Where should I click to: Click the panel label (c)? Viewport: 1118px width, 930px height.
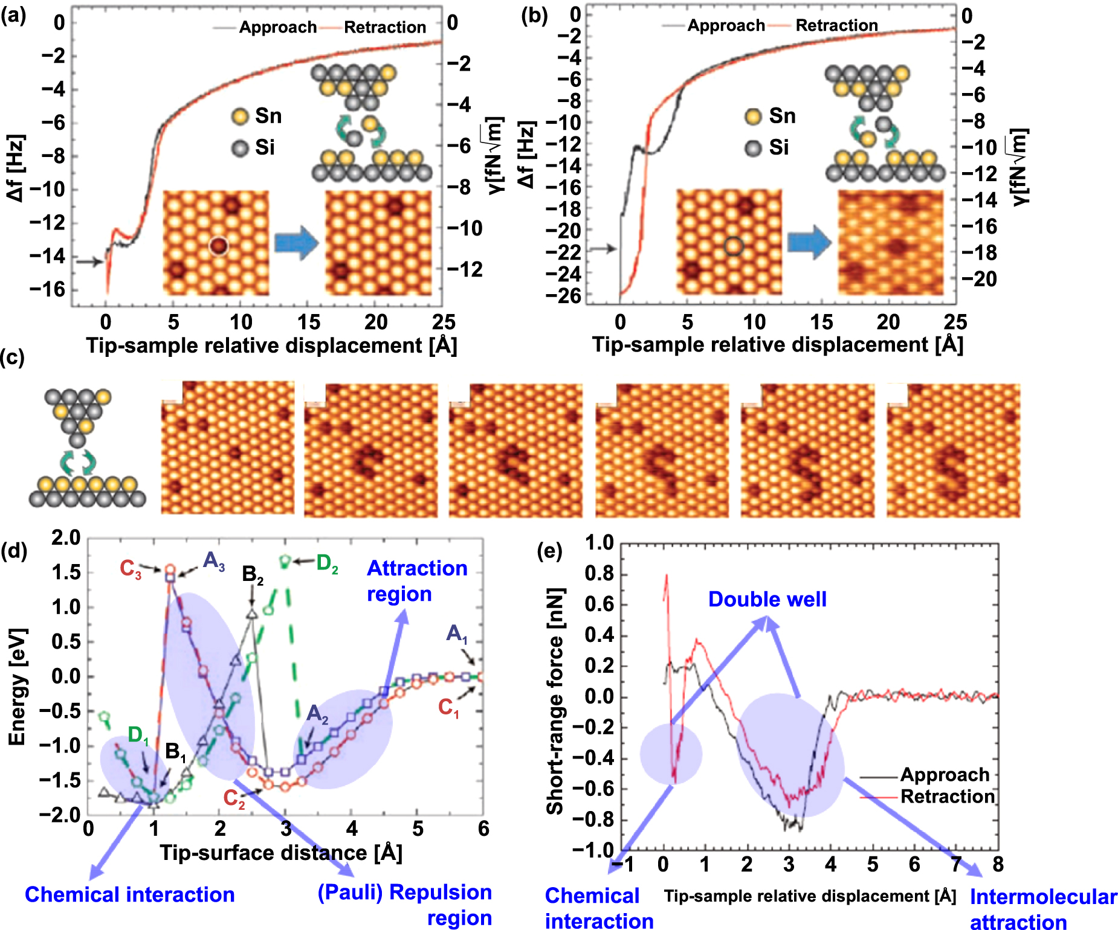coord(12,358)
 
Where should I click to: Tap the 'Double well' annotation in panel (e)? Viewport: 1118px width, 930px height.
coord(767,599)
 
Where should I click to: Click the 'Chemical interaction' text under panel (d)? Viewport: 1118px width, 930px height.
coord(129,894)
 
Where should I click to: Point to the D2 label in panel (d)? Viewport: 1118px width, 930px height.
coord(327,563)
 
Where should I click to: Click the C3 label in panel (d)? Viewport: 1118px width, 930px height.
coord(130,569)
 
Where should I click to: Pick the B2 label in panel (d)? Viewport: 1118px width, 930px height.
coord(253,574)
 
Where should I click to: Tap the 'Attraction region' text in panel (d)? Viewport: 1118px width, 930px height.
coord(416,581)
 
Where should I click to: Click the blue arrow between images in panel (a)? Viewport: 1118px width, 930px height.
coord(296,243)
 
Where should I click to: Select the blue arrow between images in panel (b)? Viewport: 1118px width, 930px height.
coord(809,243)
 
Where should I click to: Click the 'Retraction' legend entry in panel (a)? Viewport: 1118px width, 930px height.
coord(384,27)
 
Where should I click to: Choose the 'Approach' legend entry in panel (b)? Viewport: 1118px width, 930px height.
coord(726,25)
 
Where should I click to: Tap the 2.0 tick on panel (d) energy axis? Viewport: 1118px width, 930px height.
coord(65,537)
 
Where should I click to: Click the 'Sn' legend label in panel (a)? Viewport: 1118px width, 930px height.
coord(268,116)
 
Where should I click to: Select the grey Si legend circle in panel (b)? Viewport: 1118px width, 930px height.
coord(753,148)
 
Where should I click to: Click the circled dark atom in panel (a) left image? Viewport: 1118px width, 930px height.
coord(218,246)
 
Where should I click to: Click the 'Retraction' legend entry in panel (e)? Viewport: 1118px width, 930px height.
coord(947,797)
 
